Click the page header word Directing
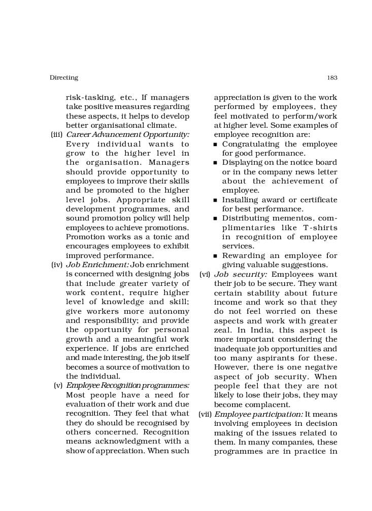pos(64,78)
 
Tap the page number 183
pos(332,78)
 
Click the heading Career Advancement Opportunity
pos(127,135)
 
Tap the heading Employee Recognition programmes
pos(127,385)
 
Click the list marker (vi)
pos(205,274)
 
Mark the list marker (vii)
pos(205,414)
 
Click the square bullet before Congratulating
pos(216,145)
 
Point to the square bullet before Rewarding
pos(216,257)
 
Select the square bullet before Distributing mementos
pos(216,219)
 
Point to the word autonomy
pos(170,311)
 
